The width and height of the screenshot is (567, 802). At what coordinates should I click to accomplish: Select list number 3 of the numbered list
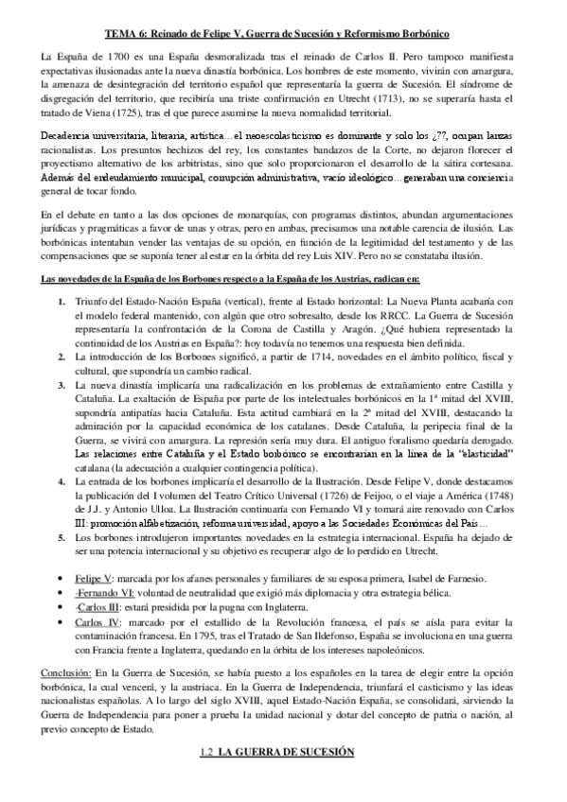pos(62,386)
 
